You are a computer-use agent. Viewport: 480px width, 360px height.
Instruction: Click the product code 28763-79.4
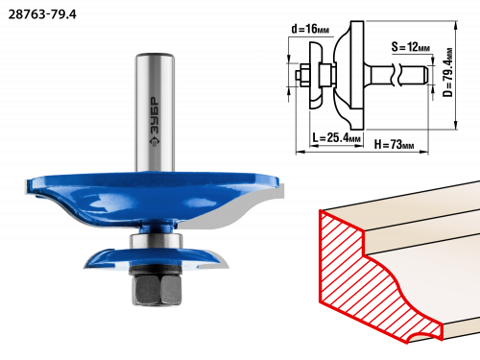(x=42, y=14)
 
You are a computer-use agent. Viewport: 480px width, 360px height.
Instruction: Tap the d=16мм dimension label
(x=310, y=29)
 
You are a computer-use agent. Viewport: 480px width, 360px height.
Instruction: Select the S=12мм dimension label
(x=411, y=47)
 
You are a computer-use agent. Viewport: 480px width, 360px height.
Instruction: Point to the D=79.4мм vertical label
(x=448, y=72)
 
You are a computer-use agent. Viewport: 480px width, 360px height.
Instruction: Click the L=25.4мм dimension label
(x=337, y=138)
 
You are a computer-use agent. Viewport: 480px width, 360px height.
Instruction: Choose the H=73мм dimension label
(x=394, y=145)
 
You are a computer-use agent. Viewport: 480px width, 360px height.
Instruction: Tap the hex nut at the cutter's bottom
(x=156, y=290)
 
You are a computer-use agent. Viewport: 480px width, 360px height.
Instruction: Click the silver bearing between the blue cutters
(x=156, y=241)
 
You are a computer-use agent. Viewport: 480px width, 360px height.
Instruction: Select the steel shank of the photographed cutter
(x=155, y=112)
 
